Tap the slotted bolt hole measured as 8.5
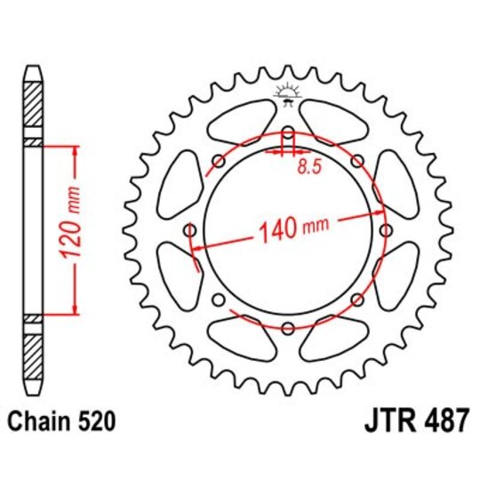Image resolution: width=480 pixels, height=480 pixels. [x=287, y=138]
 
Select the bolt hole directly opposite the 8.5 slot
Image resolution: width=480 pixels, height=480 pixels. [x=287, y=328]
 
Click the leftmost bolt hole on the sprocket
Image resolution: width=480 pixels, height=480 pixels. [x=190, y=231]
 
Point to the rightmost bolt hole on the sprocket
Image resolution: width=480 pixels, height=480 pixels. [x=385, y=231]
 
